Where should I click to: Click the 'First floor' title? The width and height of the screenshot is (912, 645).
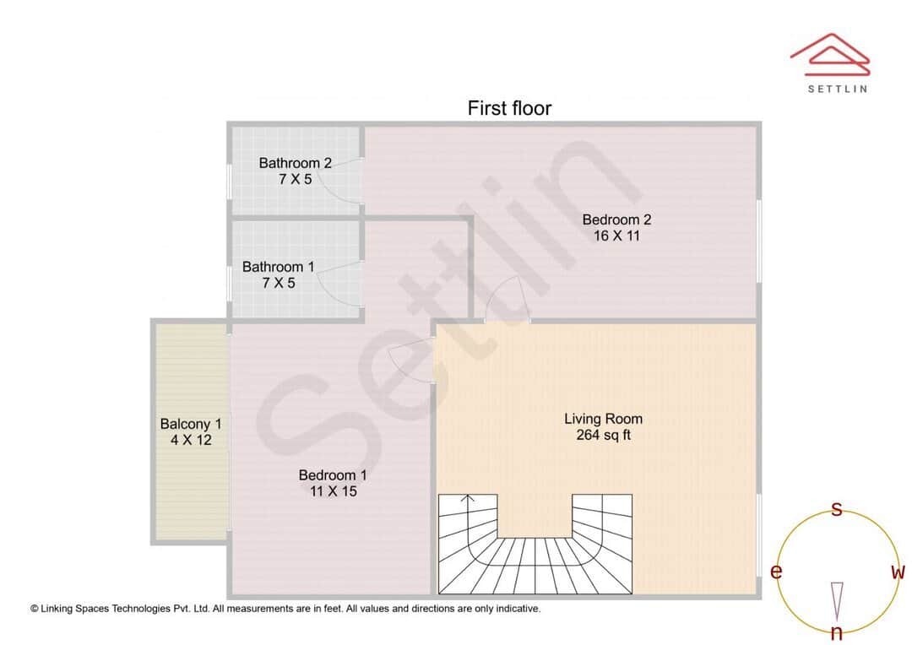click(509, 108)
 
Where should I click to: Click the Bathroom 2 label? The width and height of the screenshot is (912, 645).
click(295, 163)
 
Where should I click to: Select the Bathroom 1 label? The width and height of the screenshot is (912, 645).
click(278, 267)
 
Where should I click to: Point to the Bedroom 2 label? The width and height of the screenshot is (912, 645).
click(616, 220)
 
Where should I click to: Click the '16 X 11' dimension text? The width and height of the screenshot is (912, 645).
click(616, 236)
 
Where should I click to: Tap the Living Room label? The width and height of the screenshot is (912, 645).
click(603, 419)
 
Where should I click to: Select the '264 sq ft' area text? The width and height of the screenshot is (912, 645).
click(603, 436)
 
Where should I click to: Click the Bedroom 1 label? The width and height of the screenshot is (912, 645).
click(333, 475)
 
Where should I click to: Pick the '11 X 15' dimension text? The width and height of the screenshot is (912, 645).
click(333, 491)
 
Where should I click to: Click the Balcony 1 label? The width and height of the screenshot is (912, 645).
click(191, 424)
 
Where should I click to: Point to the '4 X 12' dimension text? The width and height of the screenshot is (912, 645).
click(191, 440)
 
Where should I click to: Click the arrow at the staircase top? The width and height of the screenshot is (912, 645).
click(470, 500)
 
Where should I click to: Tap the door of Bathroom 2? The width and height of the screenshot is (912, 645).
click(346, 182)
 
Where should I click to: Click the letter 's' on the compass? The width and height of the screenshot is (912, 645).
click(837, 509)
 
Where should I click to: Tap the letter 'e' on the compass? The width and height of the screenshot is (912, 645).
click(776, 572)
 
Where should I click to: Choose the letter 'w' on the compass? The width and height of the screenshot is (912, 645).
click(898, 572)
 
